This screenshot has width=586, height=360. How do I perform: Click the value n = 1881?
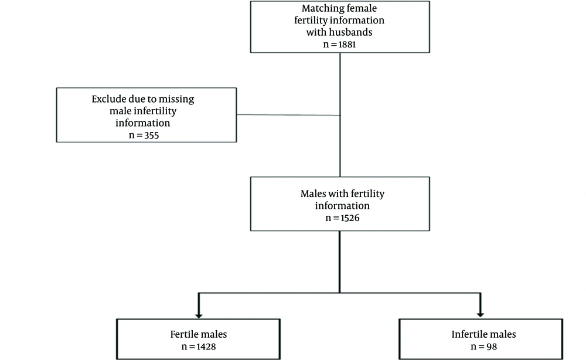pos(339,44)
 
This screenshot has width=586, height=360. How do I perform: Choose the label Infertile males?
pos(483,334)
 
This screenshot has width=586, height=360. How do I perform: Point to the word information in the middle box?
pos(342,206)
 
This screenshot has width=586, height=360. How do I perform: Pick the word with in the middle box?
pos(339,194)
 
